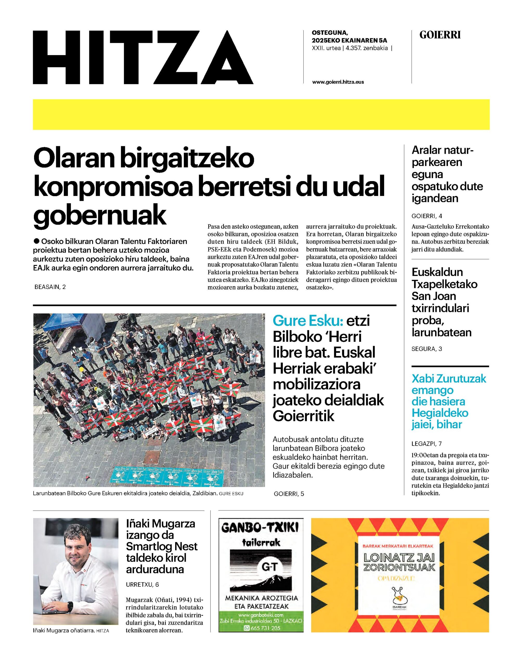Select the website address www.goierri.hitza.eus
[x=338, y=82]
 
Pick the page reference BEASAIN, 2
[x=50, y=287]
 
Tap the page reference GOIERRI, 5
[x=289, y=494]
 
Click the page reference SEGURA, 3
[x=427, y=349]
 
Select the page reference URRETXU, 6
[x=142, y=585]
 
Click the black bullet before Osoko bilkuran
[x=37, y=241]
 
